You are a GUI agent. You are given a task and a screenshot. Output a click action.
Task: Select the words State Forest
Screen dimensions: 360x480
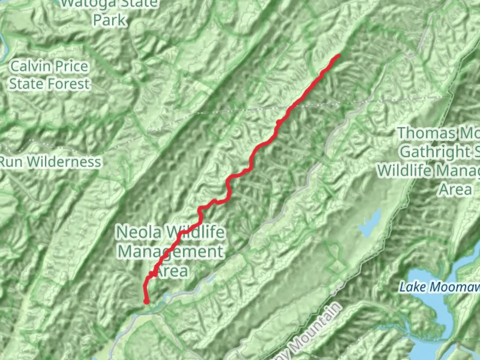50,84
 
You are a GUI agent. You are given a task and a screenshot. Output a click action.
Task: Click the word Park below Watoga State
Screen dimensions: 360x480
110,20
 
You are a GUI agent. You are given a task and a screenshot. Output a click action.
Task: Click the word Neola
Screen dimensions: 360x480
139,232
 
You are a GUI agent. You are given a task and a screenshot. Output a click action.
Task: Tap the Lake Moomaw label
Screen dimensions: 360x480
439,287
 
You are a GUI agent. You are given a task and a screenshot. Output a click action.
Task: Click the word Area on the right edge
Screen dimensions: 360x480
455,189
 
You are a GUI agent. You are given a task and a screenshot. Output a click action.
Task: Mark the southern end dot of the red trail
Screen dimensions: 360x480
146,302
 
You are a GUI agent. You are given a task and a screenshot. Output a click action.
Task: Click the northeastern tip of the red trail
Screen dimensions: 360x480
339,55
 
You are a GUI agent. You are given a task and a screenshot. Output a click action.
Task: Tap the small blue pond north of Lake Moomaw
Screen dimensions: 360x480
370,223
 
